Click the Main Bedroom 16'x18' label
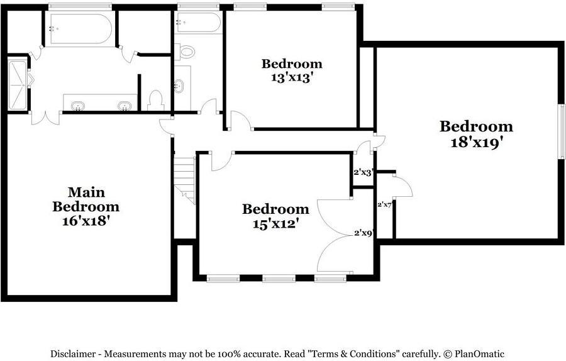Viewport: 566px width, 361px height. click(86, 206)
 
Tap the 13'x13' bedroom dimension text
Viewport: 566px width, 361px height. click(291, 77)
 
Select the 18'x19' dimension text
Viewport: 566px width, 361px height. click(477, 143)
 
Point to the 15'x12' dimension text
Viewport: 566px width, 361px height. click(276, 224)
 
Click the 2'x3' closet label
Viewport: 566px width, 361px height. click(363, 172)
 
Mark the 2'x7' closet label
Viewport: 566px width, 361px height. click(384, 204)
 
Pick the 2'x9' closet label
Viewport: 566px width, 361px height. click(363, 233)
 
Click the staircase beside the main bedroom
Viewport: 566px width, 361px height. click(185, 179)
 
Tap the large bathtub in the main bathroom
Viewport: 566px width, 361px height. click(80, 29)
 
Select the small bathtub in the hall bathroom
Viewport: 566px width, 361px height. click(198, 23)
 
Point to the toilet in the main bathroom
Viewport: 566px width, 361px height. click(155, 101)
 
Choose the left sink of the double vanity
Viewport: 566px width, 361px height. click(78, 106)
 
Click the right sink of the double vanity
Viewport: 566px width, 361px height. click(124, 106)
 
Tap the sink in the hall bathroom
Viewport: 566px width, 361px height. click(179, 86)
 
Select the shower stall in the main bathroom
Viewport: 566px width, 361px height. click(18, 86)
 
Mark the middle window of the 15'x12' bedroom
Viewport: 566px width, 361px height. click(279, 278)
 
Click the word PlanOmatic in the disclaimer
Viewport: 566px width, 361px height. click(479, 354)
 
